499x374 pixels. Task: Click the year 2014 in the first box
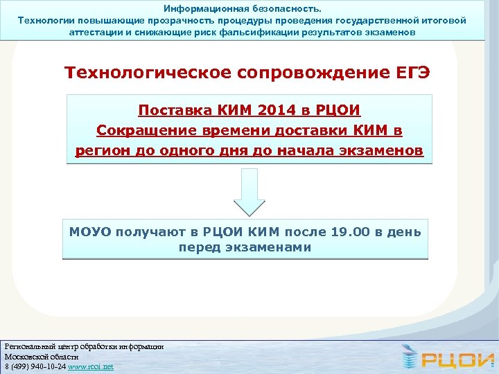point(275,111)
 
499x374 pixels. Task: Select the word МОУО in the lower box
point(90,232)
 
